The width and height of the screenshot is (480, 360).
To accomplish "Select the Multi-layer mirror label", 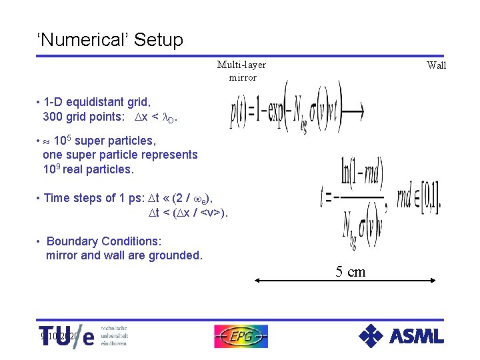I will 242,71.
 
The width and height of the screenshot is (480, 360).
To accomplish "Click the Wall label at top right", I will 437,65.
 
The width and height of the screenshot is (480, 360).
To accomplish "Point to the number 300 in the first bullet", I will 54,117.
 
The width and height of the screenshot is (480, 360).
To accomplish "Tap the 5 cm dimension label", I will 350,271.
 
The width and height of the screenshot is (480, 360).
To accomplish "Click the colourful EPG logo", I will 241,336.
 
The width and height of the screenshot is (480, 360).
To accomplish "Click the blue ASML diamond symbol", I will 371,336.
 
